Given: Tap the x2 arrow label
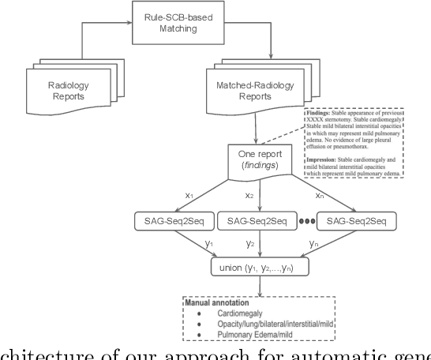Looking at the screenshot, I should [x=250, y=194].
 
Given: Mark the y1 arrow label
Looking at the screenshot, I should [x=208, y=244].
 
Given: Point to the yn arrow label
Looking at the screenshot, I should [x=313, y=244].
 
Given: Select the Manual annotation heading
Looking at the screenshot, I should [x=218, y=302].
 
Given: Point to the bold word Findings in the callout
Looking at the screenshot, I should [x=319, y=114].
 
